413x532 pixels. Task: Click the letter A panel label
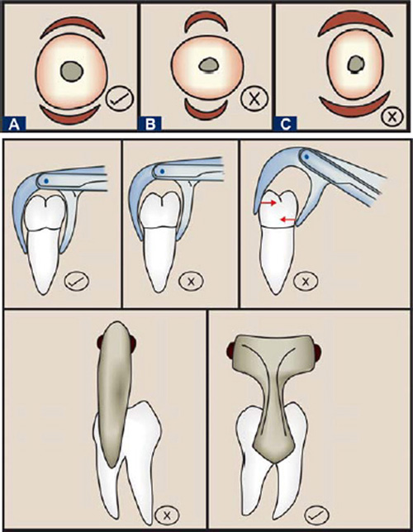pyautogui.click(x=13, y=123)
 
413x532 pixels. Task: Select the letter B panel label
pyautogui.click(x=150, y=123)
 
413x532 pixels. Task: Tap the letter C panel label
pyautogui.click(x=286, y=123)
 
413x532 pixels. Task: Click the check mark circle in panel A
pyautogui.click(x=120, y=98)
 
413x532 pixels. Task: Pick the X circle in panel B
pyautogui.click(x=254, y=98)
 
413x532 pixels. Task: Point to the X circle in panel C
pyautogui.click(x=392, y=116)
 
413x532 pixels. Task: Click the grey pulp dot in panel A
pyautogui.click(x=72, y=71)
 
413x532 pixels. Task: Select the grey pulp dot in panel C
pyautogui.click(x=356, y=64)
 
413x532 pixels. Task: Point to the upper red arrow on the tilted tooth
pyautogui.click(x=268, y=203)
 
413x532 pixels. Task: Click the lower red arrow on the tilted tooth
pyautogui.click(x=287, y=221)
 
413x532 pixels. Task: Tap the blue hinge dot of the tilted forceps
pyautogui.click(x=306, y=157)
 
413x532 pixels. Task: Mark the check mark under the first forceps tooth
pyautogui.click(x=77, y=281)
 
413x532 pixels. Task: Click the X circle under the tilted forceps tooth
pyautogui.click(x=306, y=281)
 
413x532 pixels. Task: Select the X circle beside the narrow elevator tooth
pyautogui.click(x=166, y=515)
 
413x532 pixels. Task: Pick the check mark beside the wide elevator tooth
pyautogui.click(x=317, y=515)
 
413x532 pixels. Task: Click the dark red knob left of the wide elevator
pyautogui.click(x=231, y=350)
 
